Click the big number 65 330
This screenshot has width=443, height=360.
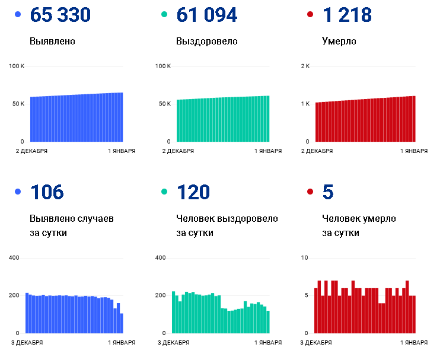tap(60, 15)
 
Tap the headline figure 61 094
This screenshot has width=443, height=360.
tap(206, 15)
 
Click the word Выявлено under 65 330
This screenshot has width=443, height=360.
tap(52, 42)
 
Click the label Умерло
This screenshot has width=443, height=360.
tap(339, 42)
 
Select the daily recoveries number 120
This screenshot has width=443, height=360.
tap(193, 192)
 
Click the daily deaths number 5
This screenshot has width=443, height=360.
tap(328, 192)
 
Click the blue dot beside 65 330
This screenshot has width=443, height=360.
tap(17, 14)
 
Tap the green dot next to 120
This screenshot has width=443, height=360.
tap(164, 192)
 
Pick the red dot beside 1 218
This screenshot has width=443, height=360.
tap(310, 14)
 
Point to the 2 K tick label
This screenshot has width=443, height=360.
tap(305, 66)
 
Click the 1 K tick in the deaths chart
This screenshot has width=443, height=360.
tap(305, 104)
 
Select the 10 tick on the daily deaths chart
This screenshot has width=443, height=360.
tap(305, 258)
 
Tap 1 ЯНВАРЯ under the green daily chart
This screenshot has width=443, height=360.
tap(268, 343)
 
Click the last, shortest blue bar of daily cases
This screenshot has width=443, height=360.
tap(122, 323)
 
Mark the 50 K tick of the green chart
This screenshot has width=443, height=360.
tap(164, 104)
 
